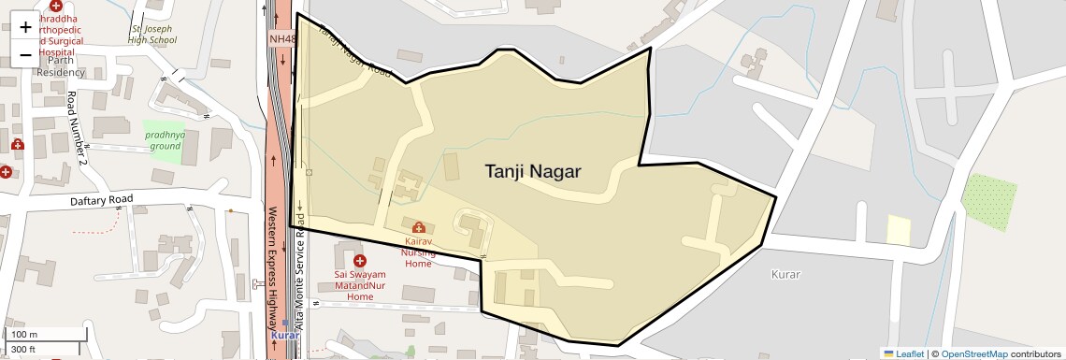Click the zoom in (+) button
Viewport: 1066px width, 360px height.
tap(25, 27)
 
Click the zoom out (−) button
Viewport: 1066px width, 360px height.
tap(25, 55)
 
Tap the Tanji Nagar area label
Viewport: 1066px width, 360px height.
tap(533, 172)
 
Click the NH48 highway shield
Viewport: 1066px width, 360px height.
tap(282, 39)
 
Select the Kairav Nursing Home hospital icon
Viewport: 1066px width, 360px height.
tap(418, 227)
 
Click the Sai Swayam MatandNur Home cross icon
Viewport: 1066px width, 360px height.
tap(359, 260)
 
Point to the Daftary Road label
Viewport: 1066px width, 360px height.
tap(102, 200)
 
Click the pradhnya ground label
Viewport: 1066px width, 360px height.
tap(165, 140)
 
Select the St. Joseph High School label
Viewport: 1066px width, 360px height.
tap(152, 35)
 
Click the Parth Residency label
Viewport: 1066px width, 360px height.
tap(61, 66)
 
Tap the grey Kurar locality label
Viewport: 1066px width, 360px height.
tap(785, 274)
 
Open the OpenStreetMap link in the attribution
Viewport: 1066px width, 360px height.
tap(974, 353)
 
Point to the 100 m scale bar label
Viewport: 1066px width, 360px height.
tap(24, 334)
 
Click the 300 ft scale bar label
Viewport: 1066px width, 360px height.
tap(23, 350)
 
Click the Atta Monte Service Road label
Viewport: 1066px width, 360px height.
tap(300, 271)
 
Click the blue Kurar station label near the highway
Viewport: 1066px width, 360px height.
tap(283, 335)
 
